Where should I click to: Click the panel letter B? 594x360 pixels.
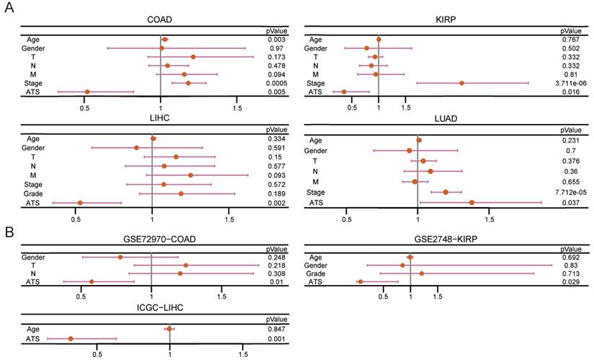9,233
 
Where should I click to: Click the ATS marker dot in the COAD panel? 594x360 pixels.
87,92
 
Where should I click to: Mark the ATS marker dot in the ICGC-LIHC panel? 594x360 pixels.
71,338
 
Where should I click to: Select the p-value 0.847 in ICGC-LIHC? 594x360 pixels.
273,329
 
